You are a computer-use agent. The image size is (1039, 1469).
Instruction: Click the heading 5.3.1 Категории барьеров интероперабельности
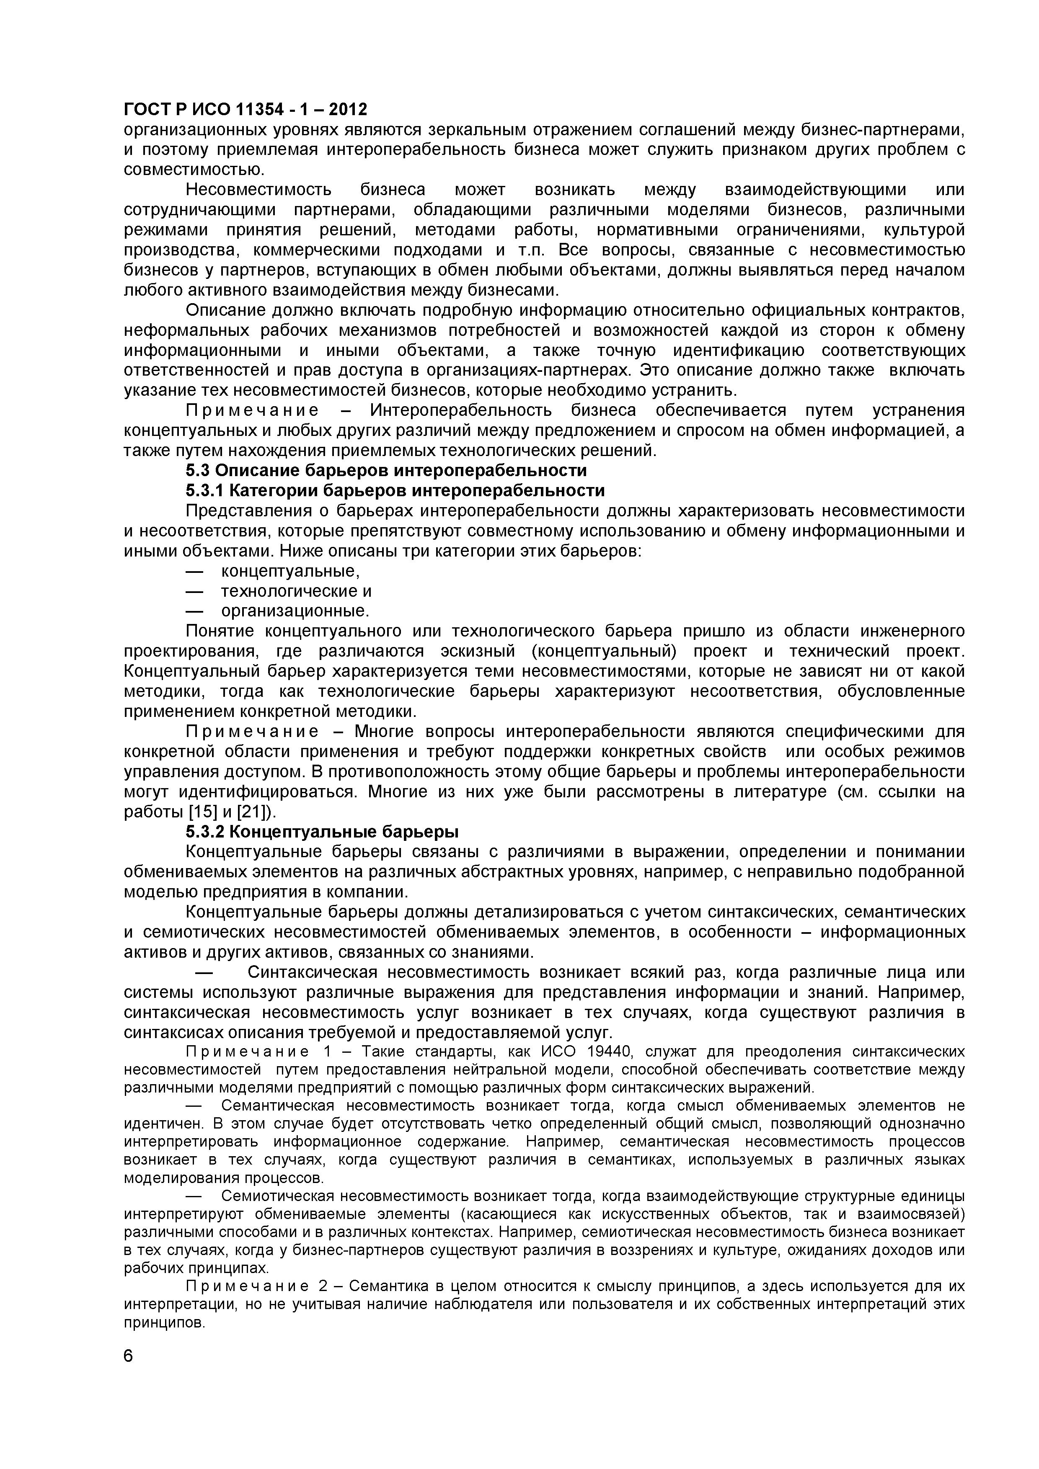point(395,491)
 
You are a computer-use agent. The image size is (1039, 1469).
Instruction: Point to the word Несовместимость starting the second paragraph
point(258,190)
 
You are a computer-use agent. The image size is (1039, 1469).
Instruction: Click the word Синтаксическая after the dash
point(315,972)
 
